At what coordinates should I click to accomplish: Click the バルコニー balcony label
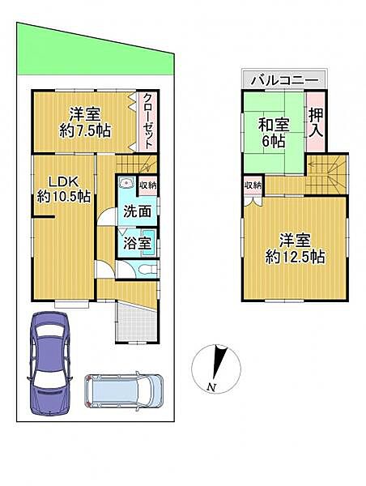coord(286,79)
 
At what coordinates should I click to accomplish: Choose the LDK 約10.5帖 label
coord(63,187)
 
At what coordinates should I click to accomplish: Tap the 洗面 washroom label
coord(137,212)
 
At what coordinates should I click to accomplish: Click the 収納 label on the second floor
coord(253,185)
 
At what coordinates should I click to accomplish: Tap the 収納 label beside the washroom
coord(147,185)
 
